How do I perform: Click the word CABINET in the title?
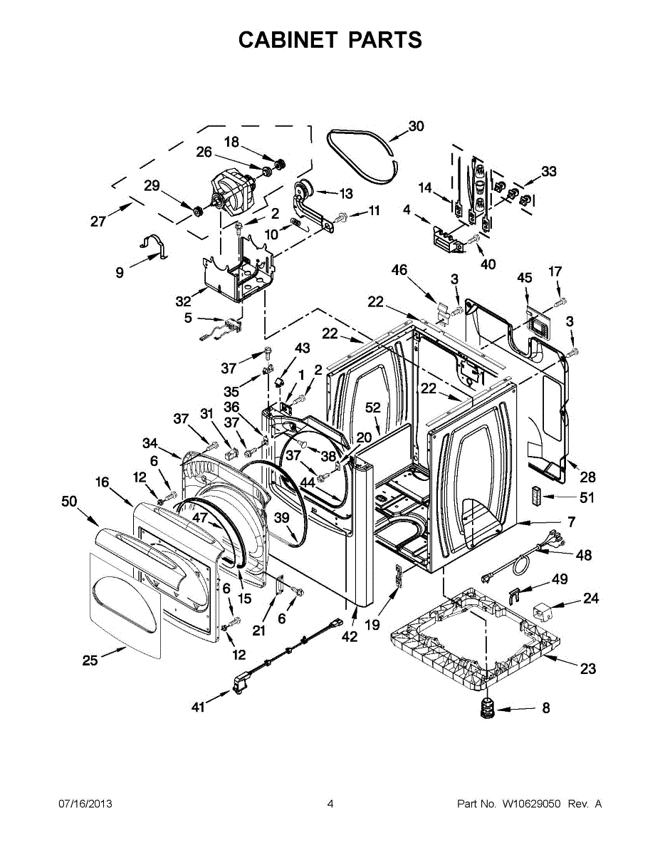(288, 40)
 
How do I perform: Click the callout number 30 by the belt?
(416, 126)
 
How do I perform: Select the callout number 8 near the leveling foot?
(546, 708)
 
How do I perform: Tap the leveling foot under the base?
(486, 708)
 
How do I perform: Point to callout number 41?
(199, 707)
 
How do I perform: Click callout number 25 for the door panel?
(90, 660)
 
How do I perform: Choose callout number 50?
(69, 502)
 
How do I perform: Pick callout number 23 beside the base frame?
(588, 669)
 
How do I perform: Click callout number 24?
(591, 598)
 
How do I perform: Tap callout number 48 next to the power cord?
(584, 555)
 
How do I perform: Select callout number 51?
(587, 498)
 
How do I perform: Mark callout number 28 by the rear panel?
(587, 477)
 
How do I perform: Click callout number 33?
(548, 172)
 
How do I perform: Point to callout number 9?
(119, 271)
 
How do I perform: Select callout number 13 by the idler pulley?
(345, 193)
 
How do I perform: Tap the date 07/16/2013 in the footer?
(85, 804)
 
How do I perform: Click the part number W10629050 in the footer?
(531, 804)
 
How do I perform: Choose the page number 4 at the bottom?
(330, 804)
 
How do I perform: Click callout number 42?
(349, 637)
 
